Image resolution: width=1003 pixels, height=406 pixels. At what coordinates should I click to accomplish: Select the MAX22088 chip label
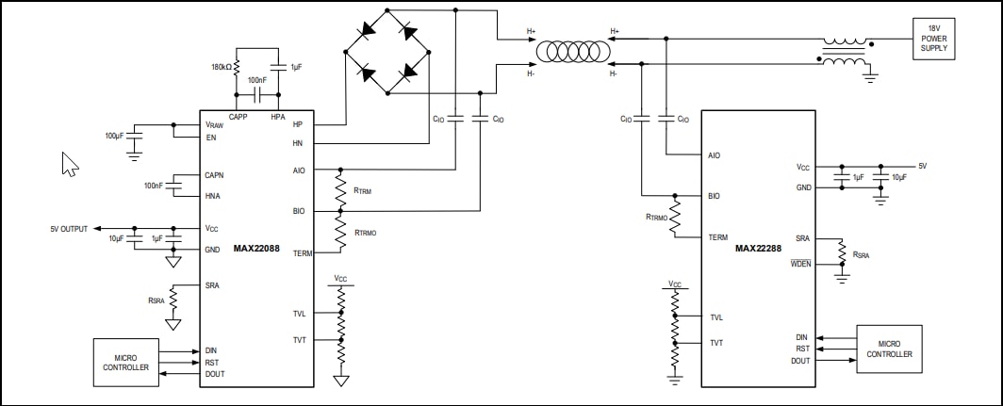[256, 249]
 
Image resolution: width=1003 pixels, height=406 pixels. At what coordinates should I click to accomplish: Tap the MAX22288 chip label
[759, 249]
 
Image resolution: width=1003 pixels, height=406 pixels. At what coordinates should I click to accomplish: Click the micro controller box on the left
[125, 362]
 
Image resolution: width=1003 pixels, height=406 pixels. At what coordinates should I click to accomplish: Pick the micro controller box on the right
[888, 349]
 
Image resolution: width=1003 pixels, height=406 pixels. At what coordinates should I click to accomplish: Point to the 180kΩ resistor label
[222, 68]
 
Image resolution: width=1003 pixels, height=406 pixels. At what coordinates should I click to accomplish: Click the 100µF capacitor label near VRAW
[115, 136]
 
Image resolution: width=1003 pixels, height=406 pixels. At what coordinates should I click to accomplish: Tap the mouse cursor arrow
[69, 164]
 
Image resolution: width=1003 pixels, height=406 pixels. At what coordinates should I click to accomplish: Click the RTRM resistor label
[363, 191]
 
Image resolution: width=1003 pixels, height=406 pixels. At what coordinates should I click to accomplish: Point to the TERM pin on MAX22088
[303, 253]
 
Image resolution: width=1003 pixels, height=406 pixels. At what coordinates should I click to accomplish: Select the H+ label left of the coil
[531, 31]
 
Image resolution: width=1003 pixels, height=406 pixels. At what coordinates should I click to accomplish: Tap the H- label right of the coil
[614, 73]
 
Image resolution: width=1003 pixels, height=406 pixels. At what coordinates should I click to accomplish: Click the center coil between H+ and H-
[572, 51]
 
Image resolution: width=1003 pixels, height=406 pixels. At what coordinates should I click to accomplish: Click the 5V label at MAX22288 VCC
[923, 166]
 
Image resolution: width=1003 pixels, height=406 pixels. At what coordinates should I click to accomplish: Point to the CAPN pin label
[214, 175]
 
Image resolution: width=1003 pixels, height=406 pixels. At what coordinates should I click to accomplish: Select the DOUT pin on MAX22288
[801, 360]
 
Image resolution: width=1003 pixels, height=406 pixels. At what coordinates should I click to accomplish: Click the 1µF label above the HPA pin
[297, 67]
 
